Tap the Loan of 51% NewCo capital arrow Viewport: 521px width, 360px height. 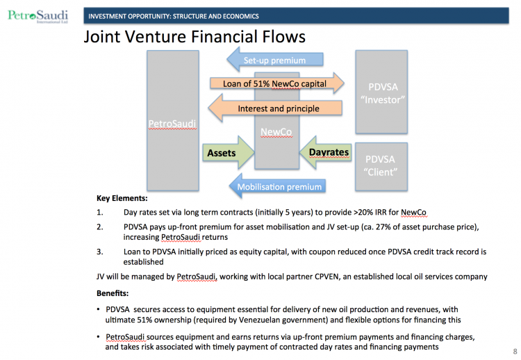coord(276,84)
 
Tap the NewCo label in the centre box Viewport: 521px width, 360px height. coord(276,131)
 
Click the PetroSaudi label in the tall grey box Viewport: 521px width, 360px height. coord(172,124)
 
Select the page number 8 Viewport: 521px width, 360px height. coord(514,350)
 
